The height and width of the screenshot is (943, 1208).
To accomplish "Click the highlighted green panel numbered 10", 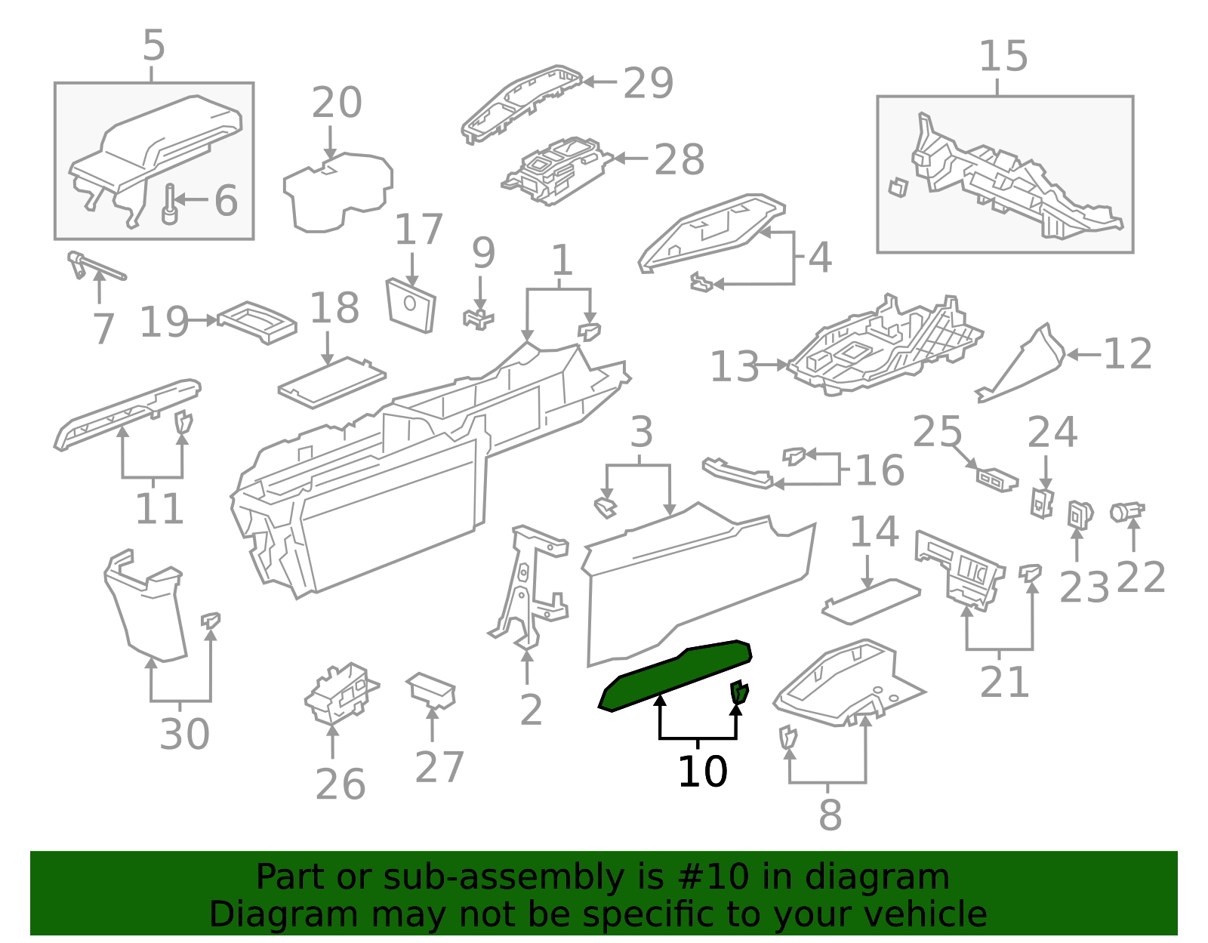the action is pos(676,675).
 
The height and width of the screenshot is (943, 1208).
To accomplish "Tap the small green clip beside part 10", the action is pos(739,692).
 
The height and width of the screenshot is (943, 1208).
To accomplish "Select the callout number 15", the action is pos(1003,57).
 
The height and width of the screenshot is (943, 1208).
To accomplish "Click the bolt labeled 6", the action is pos(170,205).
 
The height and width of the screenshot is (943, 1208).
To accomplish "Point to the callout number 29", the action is pos(649,83).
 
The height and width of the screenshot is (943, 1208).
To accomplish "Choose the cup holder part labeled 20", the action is pos(337,192).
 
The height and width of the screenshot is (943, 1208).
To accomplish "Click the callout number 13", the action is pos(735,367).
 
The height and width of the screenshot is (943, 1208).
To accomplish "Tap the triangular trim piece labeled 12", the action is pos(1021,363).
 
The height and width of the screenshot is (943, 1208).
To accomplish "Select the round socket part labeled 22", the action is pos(1126,511).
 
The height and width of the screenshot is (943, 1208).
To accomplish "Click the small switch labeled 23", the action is pos(1080,514).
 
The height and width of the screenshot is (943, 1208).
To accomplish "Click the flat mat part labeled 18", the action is pos(332,382).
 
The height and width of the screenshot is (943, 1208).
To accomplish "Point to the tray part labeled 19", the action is pos(257,323).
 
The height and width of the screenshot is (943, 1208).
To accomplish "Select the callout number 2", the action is pos(531,710).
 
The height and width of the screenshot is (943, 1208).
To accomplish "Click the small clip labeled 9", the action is pos(478,319).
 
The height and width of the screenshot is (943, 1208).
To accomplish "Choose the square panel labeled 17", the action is pos(411,305).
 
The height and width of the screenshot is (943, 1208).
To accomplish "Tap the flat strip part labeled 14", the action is pos(871,601).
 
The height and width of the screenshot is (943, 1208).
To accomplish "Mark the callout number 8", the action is pos(830,815).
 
